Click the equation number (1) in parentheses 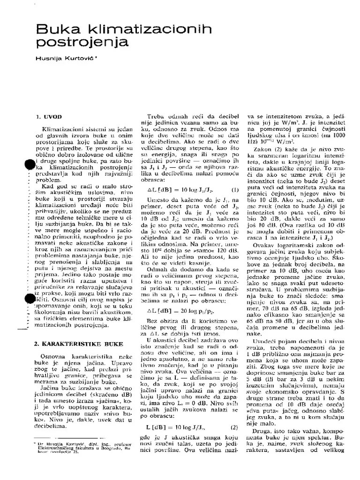pyautogui.click(x=235, y=190)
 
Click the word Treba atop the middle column pyautogui.click(x=157, y=116)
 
